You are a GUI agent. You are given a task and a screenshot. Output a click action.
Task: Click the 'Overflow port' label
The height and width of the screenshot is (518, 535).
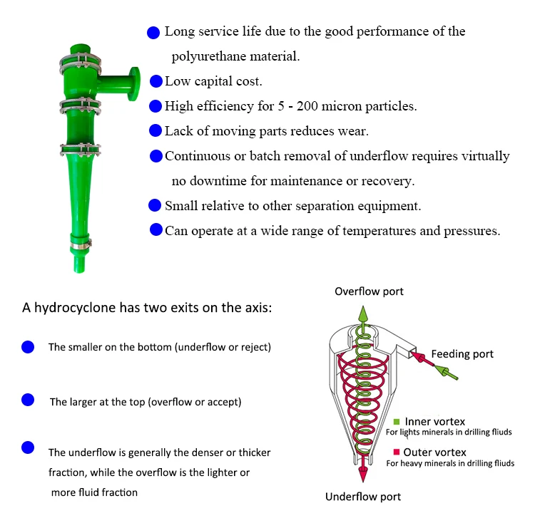coord(369,291)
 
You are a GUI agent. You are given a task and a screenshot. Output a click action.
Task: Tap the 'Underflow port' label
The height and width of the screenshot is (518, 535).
coord(363,497)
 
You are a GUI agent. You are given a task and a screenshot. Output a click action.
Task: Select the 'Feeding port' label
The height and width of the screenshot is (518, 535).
coord(462,354)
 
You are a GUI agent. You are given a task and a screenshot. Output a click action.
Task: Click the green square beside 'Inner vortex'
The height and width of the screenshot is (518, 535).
coord(397,421)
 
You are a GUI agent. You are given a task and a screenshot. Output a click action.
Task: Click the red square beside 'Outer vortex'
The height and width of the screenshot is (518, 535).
coord(397,452)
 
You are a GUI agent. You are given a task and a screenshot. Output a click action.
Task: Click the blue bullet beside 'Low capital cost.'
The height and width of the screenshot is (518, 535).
coord(156,81)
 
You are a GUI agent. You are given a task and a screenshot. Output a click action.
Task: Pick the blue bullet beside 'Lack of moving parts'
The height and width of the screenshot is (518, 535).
coord(156,130)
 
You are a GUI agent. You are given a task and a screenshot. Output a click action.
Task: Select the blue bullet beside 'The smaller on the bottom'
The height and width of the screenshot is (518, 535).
coord(28,347)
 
